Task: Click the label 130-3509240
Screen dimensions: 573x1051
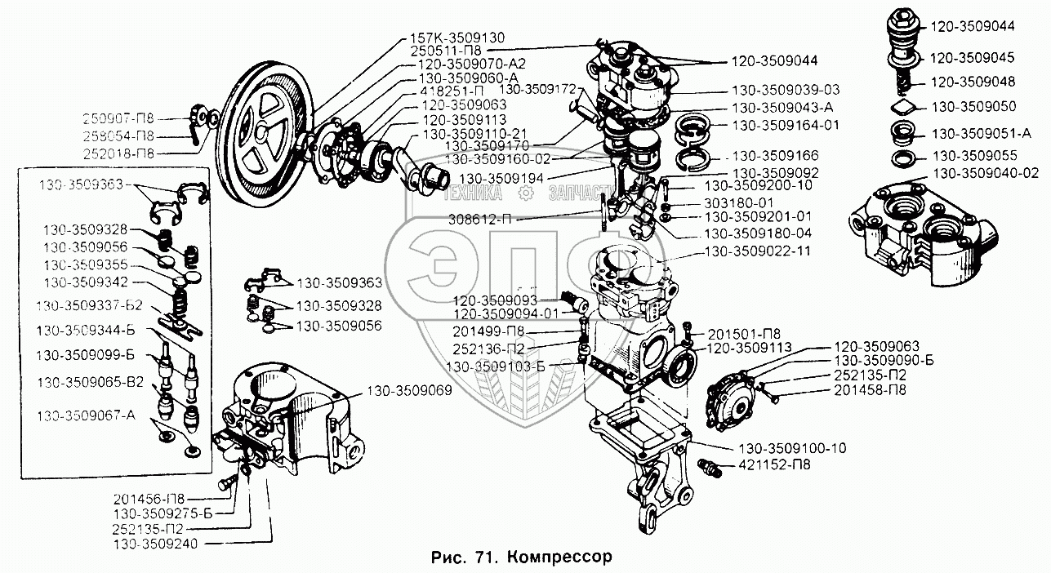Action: tap(155, 542)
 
